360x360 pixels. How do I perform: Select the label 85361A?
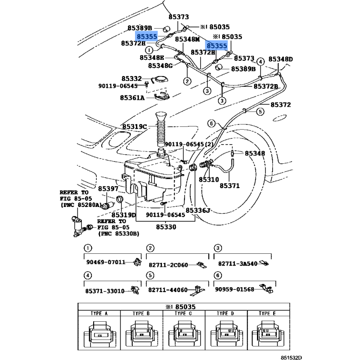pyautogui.click(x=132, y=98)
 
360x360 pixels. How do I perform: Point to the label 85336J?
pyautogui.click(x=198, y=210)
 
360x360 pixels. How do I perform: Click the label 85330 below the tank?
pyautogui.click(x=166, y=227)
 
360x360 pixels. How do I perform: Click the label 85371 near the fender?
pyautogui.click(x=229, y=185)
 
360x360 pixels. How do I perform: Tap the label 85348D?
pyautogui.click(x=280, y=59)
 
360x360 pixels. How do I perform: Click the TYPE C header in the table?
pyautogui.click(x=184, y=313)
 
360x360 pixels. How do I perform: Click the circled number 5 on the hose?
pyautogui.click(x=261, y=112)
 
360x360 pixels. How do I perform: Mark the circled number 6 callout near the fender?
pyautogui.click(x=211, y=123)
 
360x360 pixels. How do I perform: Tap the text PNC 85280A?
pyautogui.click(x=79, y=205)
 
